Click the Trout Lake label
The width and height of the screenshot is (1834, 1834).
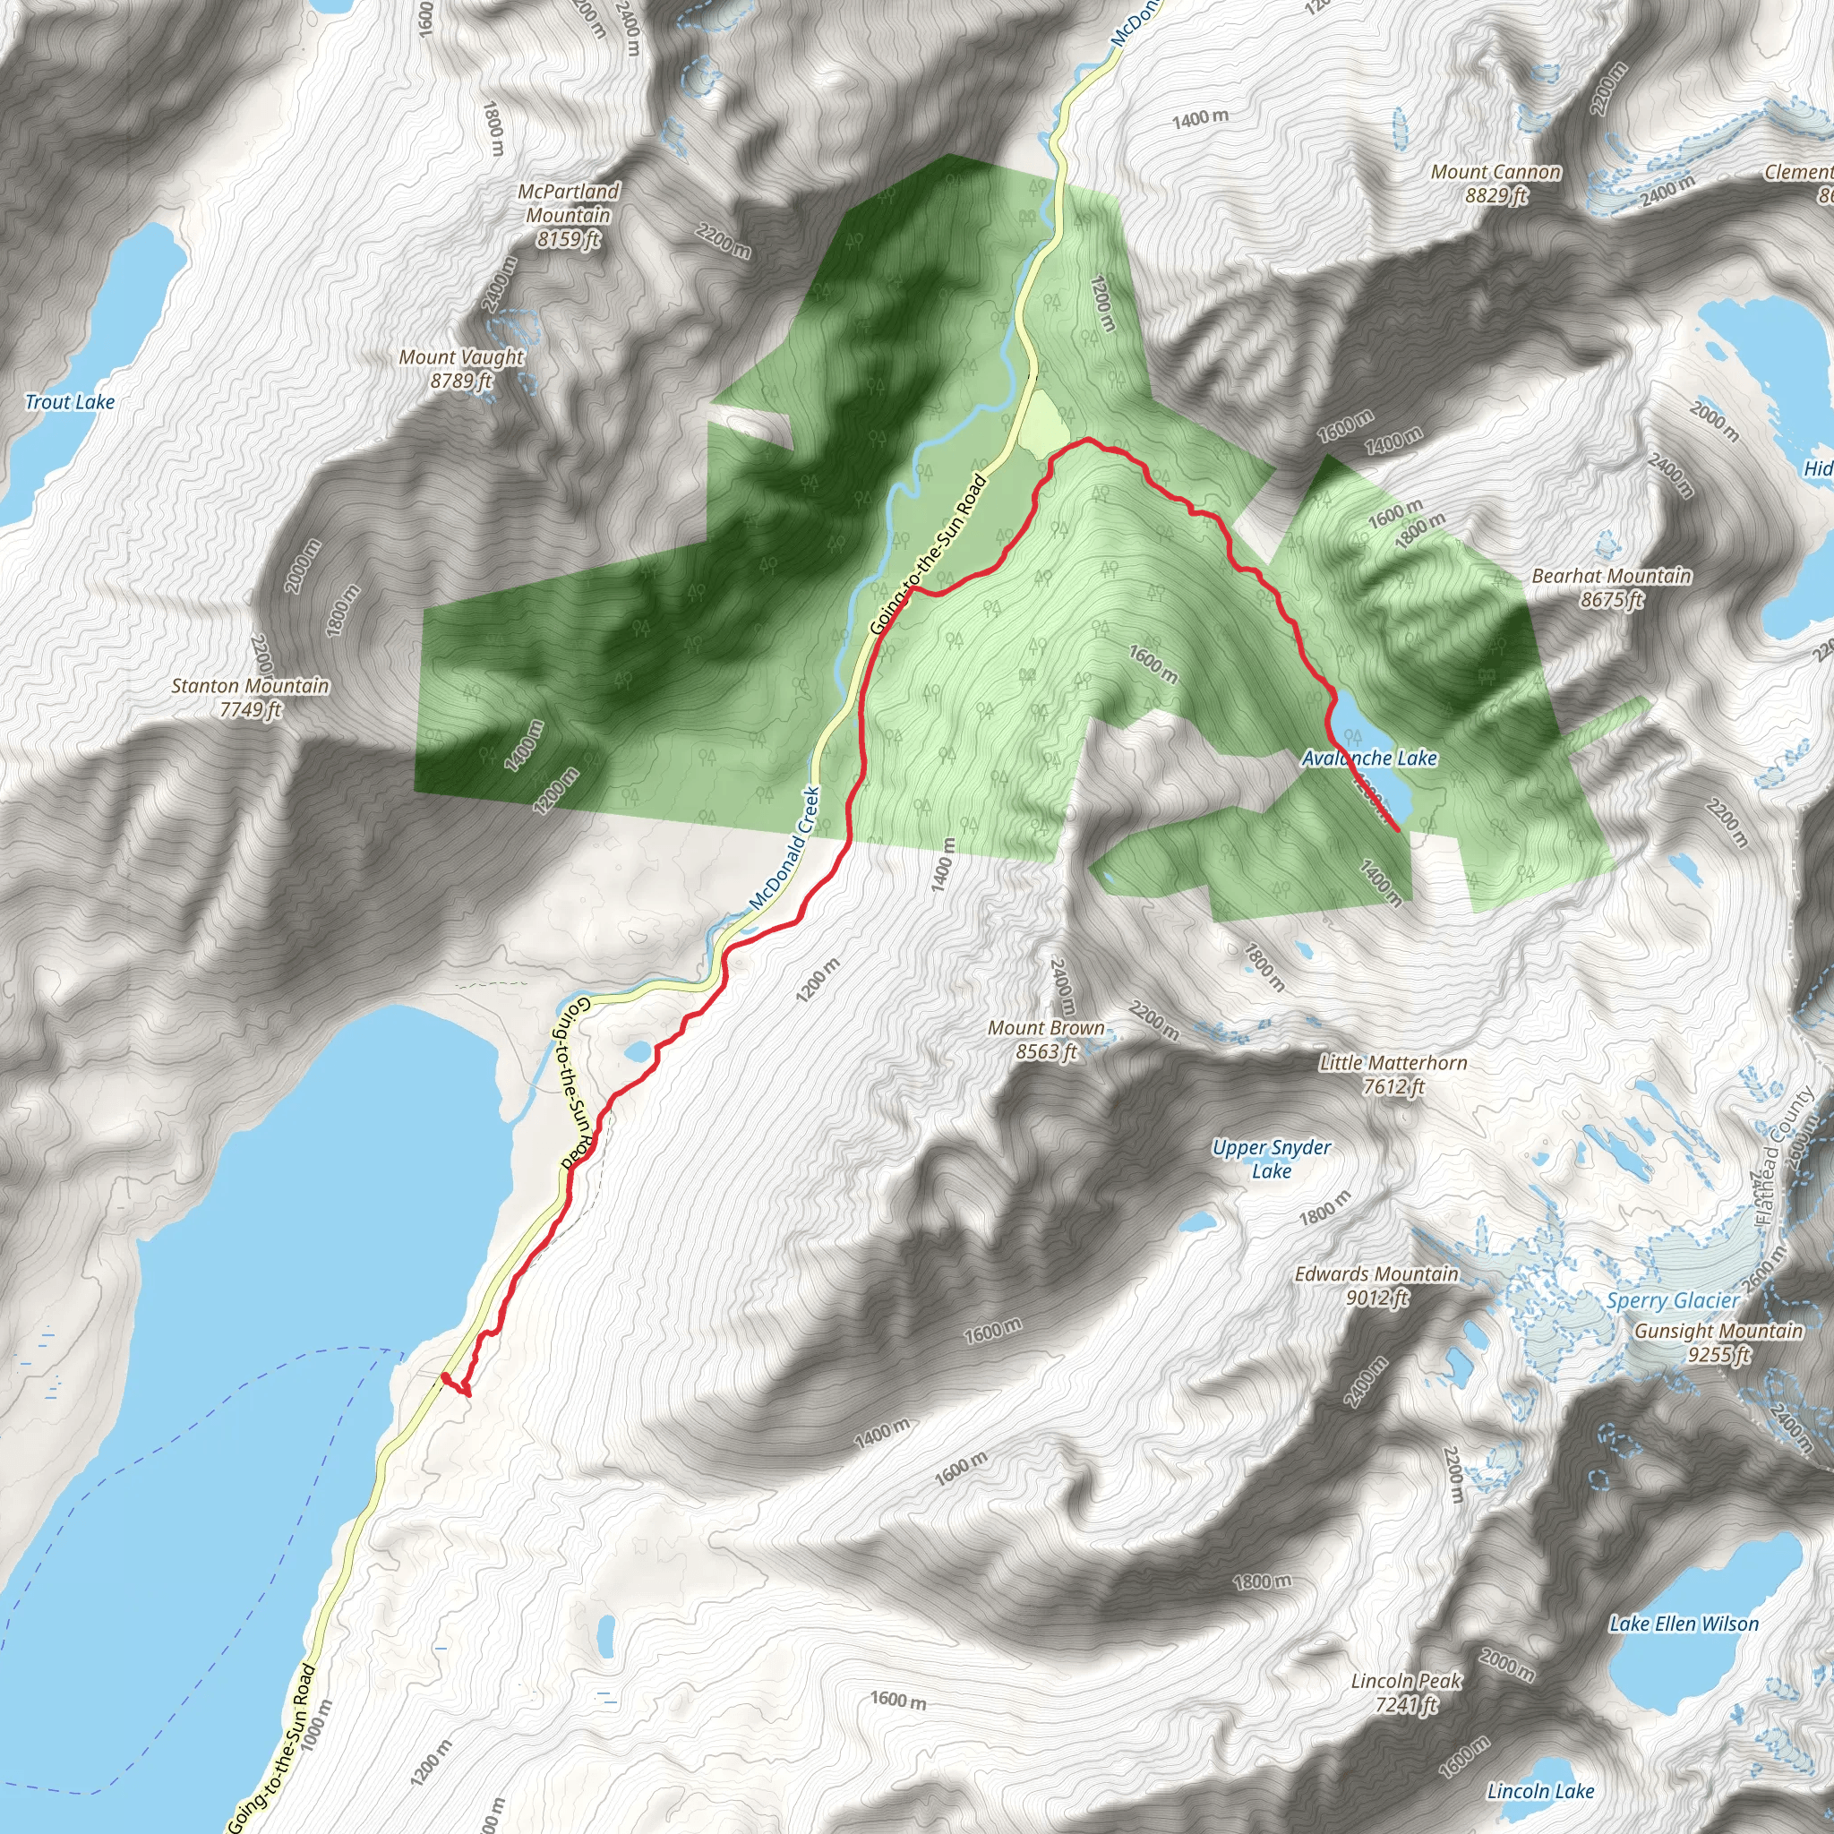[69, 401]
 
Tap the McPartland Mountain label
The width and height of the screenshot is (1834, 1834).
[568, 216]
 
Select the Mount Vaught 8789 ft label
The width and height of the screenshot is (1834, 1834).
[461, 368]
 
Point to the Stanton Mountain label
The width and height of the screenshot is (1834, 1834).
[251, 697]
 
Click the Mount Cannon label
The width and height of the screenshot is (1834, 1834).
[1495, 184]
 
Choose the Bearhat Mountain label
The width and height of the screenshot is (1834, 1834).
[1611, 587]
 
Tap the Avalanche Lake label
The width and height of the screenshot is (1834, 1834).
[1369, 758]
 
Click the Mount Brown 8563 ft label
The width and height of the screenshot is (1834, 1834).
[1046, 1040]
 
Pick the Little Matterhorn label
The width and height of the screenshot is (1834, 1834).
[1393, 1075]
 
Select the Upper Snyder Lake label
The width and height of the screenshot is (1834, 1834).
[1271, 1158]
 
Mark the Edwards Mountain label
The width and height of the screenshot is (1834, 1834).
[1376, 1285]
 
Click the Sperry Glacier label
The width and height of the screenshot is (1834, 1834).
[1673, 1300]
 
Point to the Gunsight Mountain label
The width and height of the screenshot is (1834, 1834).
[1718, 1342]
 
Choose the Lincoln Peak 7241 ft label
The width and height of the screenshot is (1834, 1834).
[1406, 1693]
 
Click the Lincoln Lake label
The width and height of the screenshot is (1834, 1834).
[1539, 1791]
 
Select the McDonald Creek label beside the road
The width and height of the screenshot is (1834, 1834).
[784, 848]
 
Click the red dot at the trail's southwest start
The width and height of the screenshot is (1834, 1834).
[445, 1375]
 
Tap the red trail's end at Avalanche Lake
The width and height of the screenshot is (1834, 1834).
[1397, 831]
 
